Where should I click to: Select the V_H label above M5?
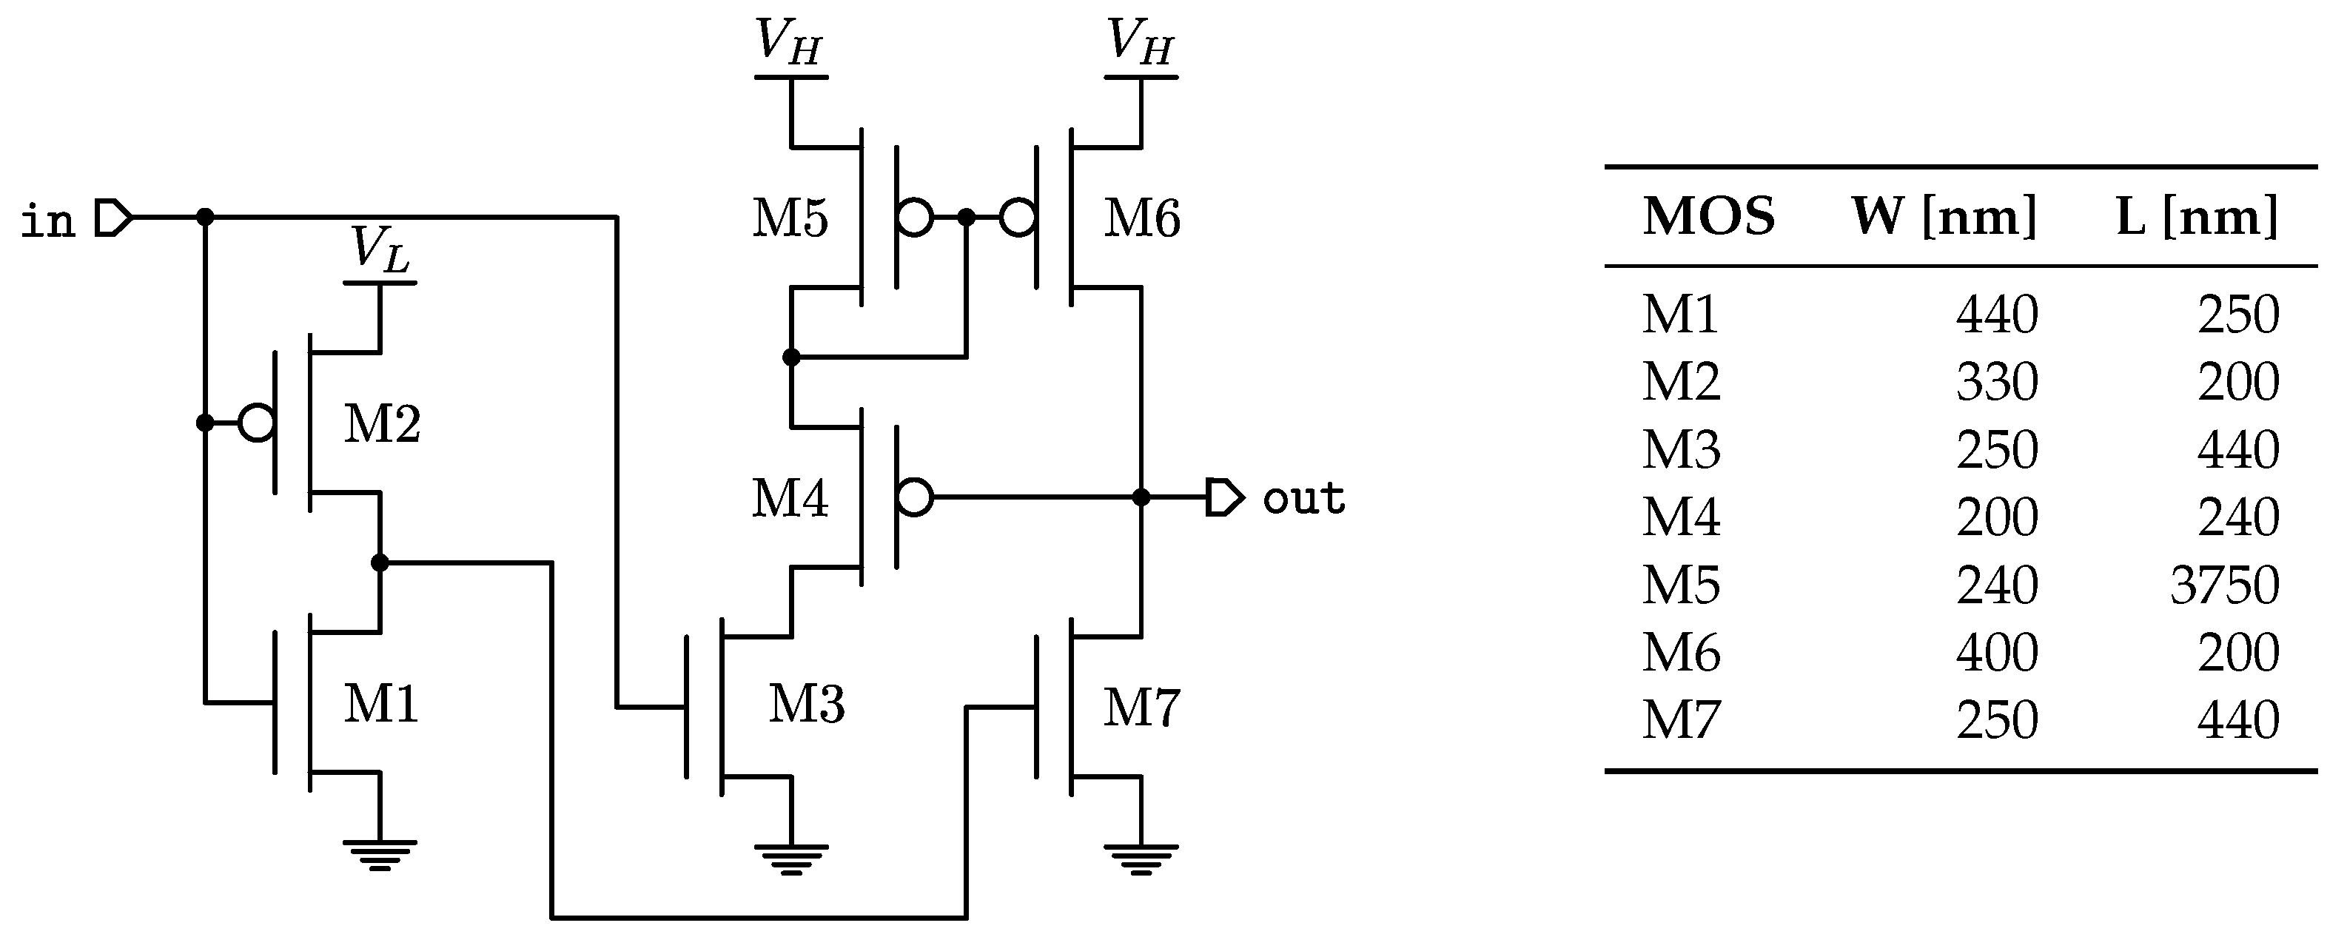(790, 43)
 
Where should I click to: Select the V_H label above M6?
(1141, 43)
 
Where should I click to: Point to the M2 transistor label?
(382, 425)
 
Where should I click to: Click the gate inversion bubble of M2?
(257, 423)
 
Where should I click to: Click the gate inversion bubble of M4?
(915, 497)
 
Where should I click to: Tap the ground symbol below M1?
(380, 855)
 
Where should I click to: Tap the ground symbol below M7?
(1141, 859)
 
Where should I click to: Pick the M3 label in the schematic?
(806, 705)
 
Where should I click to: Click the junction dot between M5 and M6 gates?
(967, 218)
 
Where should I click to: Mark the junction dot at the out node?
(1141, 497)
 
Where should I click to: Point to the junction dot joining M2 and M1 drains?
(380, 562)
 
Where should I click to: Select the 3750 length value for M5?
(2224, 585)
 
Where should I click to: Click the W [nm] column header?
(1944, 217)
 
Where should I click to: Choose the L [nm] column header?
(2196, 217)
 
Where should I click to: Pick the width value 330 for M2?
(1996, 382)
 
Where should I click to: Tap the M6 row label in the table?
(1681, 654)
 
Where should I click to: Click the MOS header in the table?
(1708, 217)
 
